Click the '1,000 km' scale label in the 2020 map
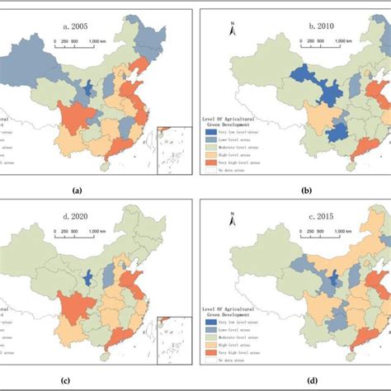click(99, 233)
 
